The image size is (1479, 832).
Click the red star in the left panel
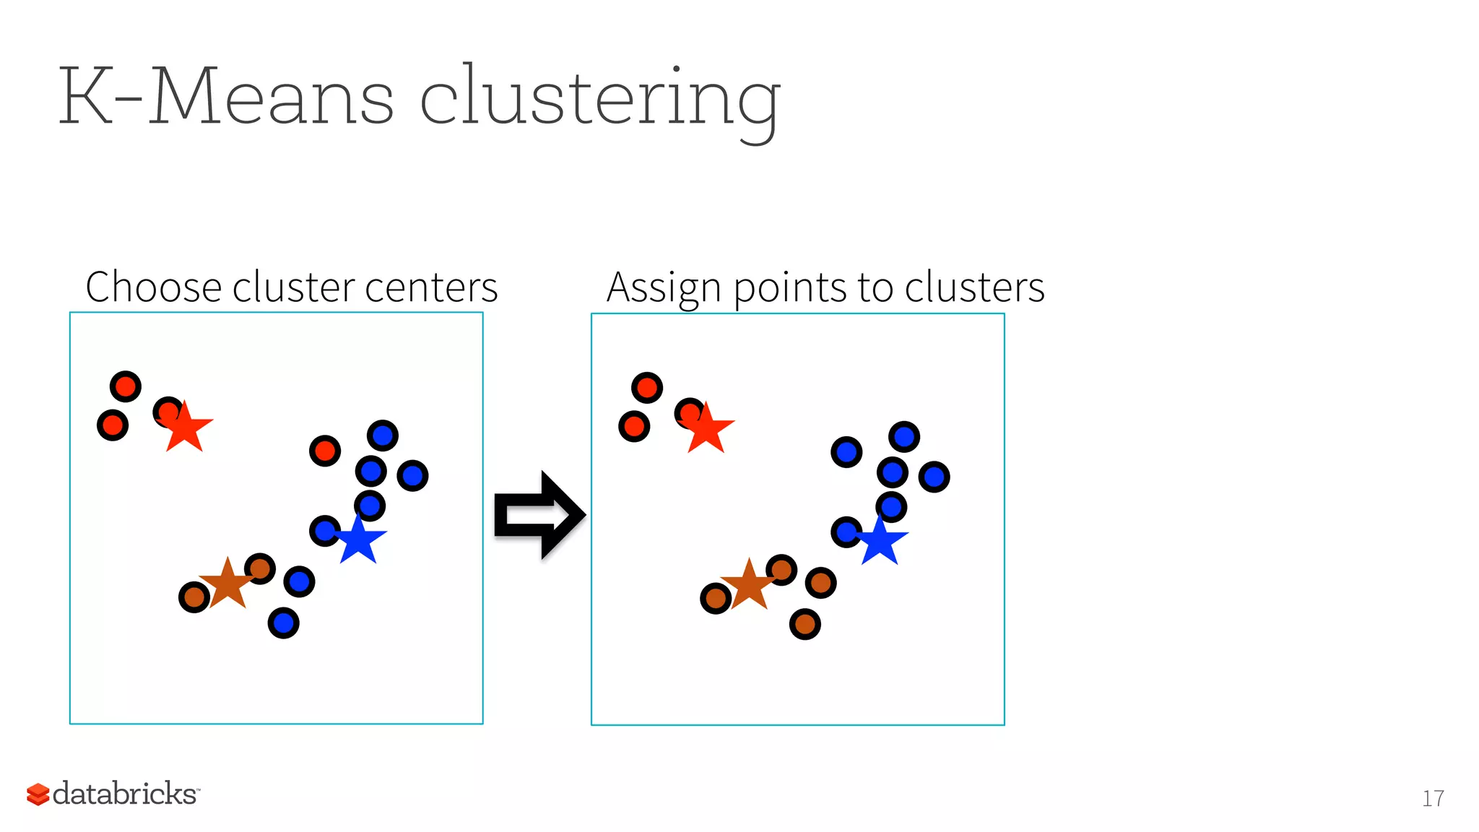pos(186,428)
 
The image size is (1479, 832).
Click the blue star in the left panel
pos(359,540)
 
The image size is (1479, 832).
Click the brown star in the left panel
pos(227,584)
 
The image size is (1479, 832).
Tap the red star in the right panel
pos(707,430)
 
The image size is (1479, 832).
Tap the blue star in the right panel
pos(880,542)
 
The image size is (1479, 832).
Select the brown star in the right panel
pos(749,585)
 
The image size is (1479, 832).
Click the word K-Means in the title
pos(226,96)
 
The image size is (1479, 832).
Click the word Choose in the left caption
pos(154,287)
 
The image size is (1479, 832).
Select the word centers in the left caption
pos(431,287)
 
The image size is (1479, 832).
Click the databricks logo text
pos(125,793)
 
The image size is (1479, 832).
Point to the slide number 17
pos(1433,798)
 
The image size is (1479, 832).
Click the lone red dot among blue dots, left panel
pos(325,451)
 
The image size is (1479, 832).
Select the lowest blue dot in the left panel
pos(283,623)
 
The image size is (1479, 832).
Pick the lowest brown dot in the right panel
pos(804,624)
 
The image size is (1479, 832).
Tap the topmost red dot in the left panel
pos(126,387)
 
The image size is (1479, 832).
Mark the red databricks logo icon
pos(38,794)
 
